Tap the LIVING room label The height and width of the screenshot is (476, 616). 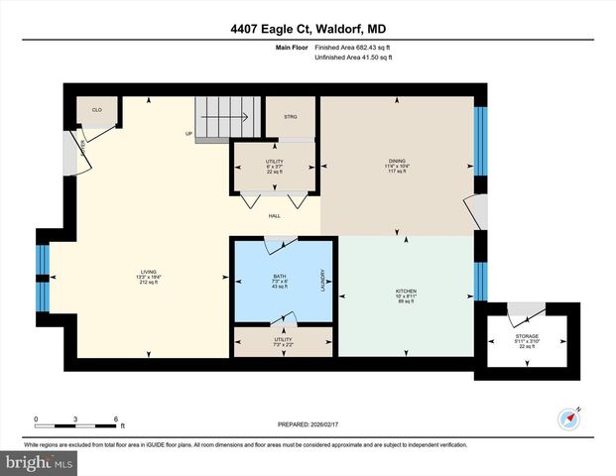(149, 277)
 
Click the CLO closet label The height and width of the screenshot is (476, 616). (97, 110)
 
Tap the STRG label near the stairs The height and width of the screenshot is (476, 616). (291, 116)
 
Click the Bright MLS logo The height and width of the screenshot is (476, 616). (40, 463)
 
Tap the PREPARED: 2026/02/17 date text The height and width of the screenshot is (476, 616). (308, 424)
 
